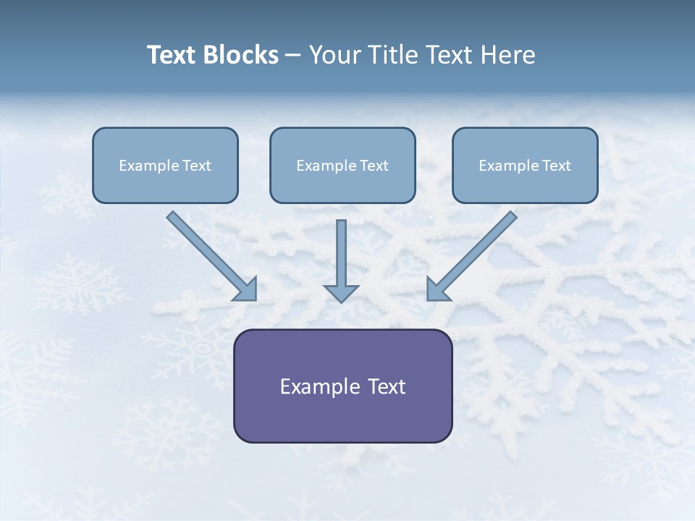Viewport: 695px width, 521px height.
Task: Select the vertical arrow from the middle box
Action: click(x=341, y=253)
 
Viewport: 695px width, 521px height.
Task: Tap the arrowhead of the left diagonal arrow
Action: click(x=246, y=289)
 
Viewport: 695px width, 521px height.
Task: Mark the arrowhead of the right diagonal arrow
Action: click(x=437, y=289)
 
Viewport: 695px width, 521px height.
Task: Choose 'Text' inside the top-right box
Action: click(x=557, y=166)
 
